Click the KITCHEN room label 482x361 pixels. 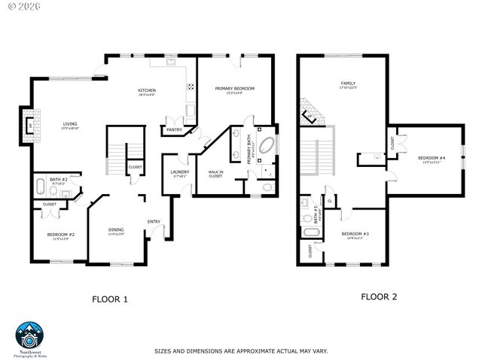click(146, 91)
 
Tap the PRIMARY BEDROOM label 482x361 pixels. click(234, 89)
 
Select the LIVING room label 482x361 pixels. click(69, 125)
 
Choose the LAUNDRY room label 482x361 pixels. click(179, 172)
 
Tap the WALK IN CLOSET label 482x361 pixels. click(216, 174)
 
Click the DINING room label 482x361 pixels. click(115, 230)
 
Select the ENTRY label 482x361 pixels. click(154, 221)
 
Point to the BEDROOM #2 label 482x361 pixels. click(60, 235)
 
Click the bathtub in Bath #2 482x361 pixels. click(40, 188)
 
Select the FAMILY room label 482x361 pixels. click(348, 83)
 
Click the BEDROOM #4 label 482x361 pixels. click(432, 158)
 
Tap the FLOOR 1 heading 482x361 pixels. click(110, 299)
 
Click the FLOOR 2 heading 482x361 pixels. click(378, 296)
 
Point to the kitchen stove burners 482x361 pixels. click(191, 86)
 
